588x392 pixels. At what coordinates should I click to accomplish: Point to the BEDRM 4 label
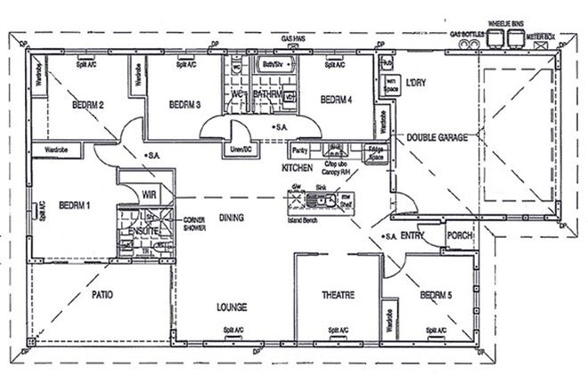point(337,100)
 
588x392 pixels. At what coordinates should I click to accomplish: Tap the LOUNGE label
point(231,307)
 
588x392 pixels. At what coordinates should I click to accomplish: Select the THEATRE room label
point(339,295)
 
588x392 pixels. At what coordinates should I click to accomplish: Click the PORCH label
point(460,236)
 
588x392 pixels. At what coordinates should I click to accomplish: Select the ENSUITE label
point(143,231)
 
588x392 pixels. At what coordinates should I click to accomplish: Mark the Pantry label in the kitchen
point(299,151)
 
